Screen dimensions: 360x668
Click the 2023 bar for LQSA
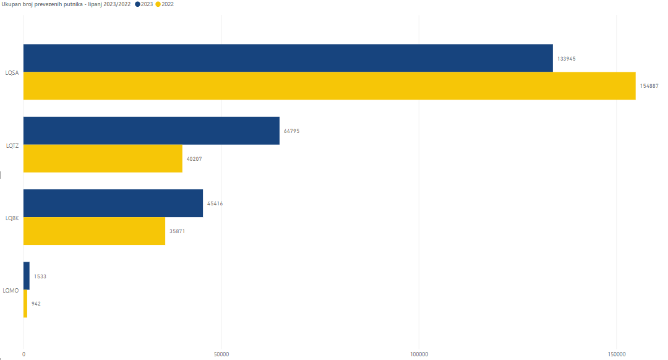(288, 58)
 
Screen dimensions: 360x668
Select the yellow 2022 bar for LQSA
(329, 86)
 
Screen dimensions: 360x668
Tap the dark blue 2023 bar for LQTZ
(151, 131)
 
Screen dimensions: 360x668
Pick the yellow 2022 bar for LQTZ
(103, 158)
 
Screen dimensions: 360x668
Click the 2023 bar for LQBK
(113, 204)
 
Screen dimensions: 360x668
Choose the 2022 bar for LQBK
(94, 231)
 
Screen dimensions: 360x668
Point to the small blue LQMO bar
(26, 276)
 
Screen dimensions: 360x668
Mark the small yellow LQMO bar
(25, 304)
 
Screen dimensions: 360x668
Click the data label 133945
(567, 59)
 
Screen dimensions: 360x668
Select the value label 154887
(649, 86)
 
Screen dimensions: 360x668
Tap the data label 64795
(292, 131)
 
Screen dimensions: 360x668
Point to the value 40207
(194, 159)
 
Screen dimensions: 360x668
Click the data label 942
(36, 304)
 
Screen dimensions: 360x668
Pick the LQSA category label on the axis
(12, 73)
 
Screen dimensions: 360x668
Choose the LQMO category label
(11, 290)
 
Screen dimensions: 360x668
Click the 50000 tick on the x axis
(221, 354)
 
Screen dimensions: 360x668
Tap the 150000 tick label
(617, 354)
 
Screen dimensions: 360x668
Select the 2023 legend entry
(144, 4)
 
